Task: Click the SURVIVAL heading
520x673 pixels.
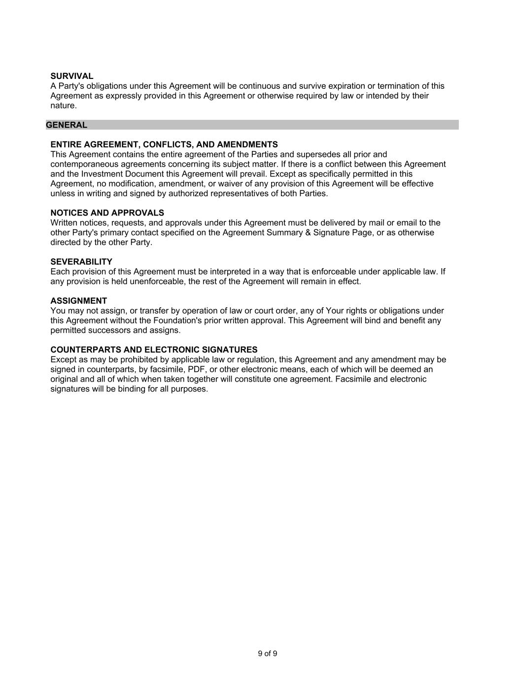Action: point(71,76)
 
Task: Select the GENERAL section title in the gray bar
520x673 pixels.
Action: point(67,125)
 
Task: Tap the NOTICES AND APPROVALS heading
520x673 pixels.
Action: point(107,213)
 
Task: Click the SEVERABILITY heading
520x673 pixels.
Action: point(81,261)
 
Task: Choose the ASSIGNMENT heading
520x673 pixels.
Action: point(78,300)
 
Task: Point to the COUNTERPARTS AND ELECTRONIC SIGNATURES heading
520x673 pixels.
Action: point(154,349)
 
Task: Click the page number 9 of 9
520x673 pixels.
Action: point(267,653)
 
